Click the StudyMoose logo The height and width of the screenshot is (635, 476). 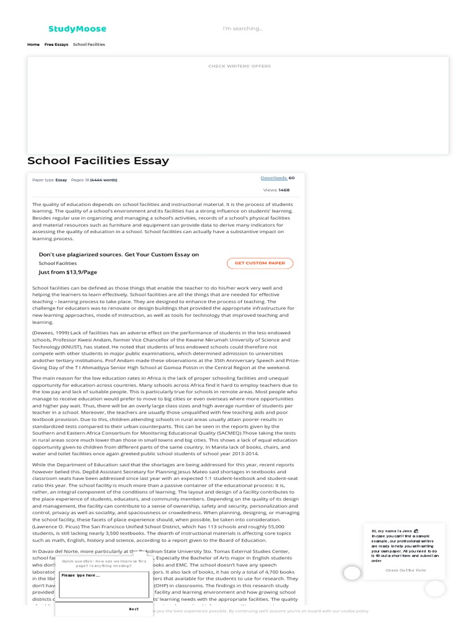pos(77,29)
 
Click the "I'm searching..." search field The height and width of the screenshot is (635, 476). pos(242,29)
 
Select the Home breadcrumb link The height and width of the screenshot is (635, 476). pos(33,45)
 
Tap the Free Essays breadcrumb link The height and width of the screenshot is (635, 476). pos(56,45)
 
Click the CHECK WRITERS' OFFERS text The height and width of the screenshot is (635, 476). pos(239,66)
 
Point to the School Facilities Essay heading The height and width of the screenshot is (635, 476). pos(98,161)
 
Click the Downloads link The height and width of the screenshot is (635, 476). pos(273,178)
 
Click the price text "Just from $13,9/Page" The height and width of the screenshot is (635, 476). pos(68,272)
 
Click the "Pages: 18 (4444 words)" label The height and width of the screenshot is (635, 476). pos(94,180)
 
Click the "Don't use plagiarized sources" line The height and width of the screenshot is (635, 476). pos(119,255)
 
